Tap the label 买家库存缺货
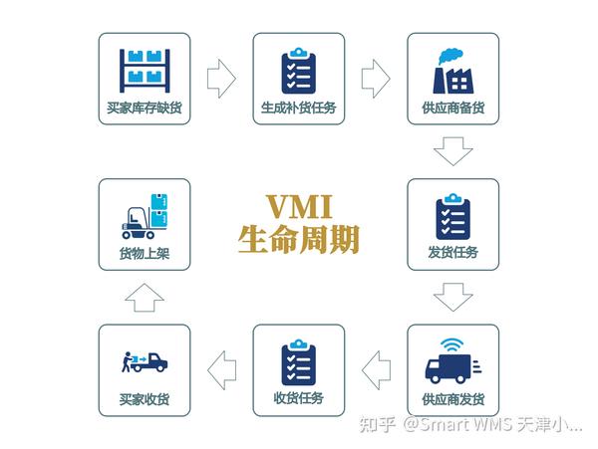point(144,107)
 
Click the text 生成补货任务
point(298,107)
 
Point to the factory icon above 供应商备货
point(452,68)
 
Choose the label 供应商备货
point(452,107)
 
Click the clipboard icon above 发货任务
point(452,215)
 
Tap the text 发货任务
point(452,252)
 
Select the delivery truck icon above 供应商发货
point(452,360)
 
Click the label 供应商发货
point(452,399)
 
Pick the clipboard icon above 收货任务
point(298,360)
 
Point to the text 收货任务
point(298,399)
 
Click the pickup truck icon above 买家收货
point(144,360)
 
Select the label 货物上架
point(144,253)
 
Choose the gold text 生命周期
point(299,239)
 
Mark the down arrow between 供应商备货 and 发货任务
point(452,151)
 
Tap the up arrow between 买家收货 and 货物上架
point(144,297)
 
